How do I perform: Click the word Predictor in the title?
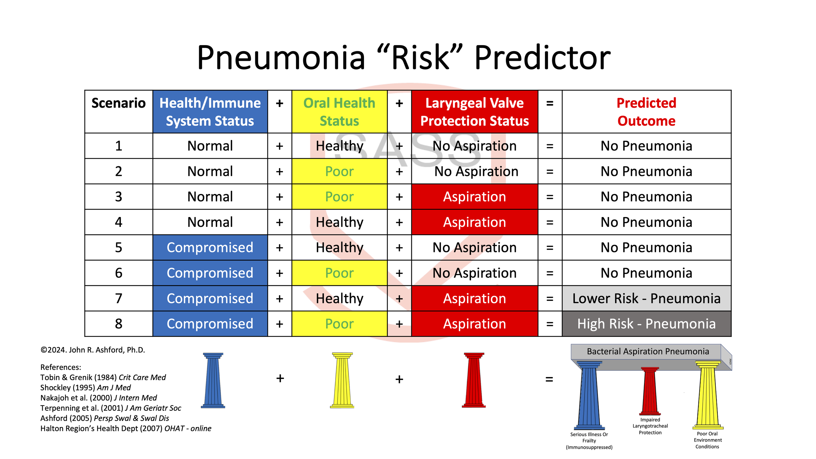(542, 58)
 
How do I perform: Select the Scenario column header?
(118, 103)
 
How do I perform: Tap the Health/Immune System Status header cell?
(210, 112)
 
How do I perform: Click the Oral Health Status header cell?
(339, 112)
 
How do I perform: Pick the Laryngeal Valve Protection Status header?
(474, 112)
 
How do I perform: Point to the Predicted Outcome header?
(646, 112)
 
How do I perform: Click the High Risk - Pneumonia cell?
(646, 324)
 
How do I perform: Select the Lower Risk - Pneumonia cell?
(646, 298)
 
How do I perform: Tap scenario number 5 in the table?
(118, 247)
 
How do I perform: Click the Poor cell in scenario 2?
(339, 171)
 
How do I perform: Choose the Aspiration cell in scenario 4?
(474, 222)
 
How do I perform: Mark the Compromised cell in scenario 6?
(210, 273)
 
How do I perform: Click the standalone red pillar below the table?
(474, 380)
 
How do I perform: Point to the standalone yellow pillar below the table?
(342, 380)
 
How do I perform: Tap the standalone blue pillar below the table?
(213, 380)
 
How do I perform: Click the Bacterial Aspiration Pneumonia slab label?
(648, 351)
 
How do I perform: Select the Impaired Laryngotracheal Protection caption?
(650, 426)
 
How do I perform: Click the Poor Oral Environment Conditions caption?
(707, 440)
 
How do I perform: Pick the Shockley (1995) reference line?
(86, 388)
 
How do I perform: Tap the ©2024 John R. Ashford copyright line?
(93, 350)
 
